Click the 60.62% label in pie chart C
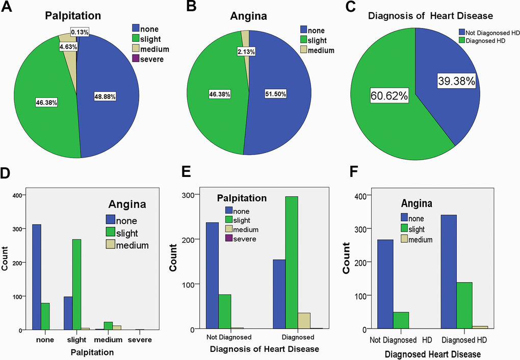(390, 95)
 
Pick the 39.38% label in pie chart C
(455, 81)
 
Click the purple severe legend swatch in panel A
(136, 59)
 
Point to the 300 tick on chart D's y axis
(17, 229)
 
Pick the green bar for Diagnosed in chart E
(292, 263)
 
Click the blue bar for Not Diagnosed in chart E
(212, 275)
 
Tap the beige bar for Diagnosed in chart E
(304, 321)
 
